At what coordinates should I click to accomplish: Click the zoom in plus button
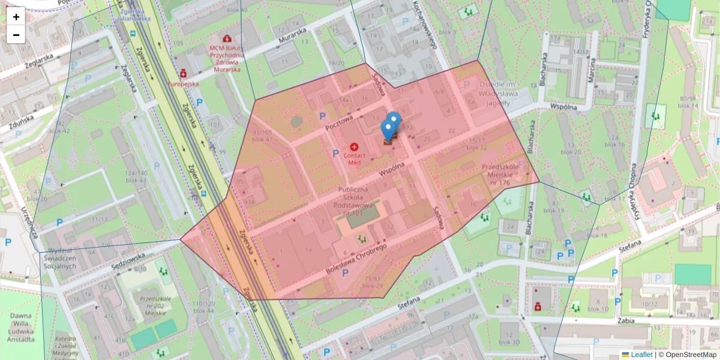(16, 17)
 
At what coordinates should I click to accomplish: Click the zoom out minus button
(16, 35)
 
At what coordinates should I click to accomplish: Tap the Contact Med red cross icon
(354, 147)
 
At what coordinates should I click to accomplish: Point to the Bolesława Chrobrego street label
(357, 259)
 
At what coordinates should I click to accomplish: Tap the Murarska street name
(293, 35)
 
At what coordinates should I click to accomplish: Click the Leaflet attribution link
(641, 355)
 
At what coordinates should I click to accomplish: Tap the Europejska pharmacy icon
(183, 73)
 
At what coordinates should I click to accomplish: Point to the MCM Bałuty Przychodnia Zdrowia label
(225, 58)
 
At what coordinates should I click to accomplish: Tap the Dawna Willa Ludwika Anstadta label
(20, 327)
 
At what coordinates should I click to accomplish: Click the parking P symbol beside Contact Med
(335, 154)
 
